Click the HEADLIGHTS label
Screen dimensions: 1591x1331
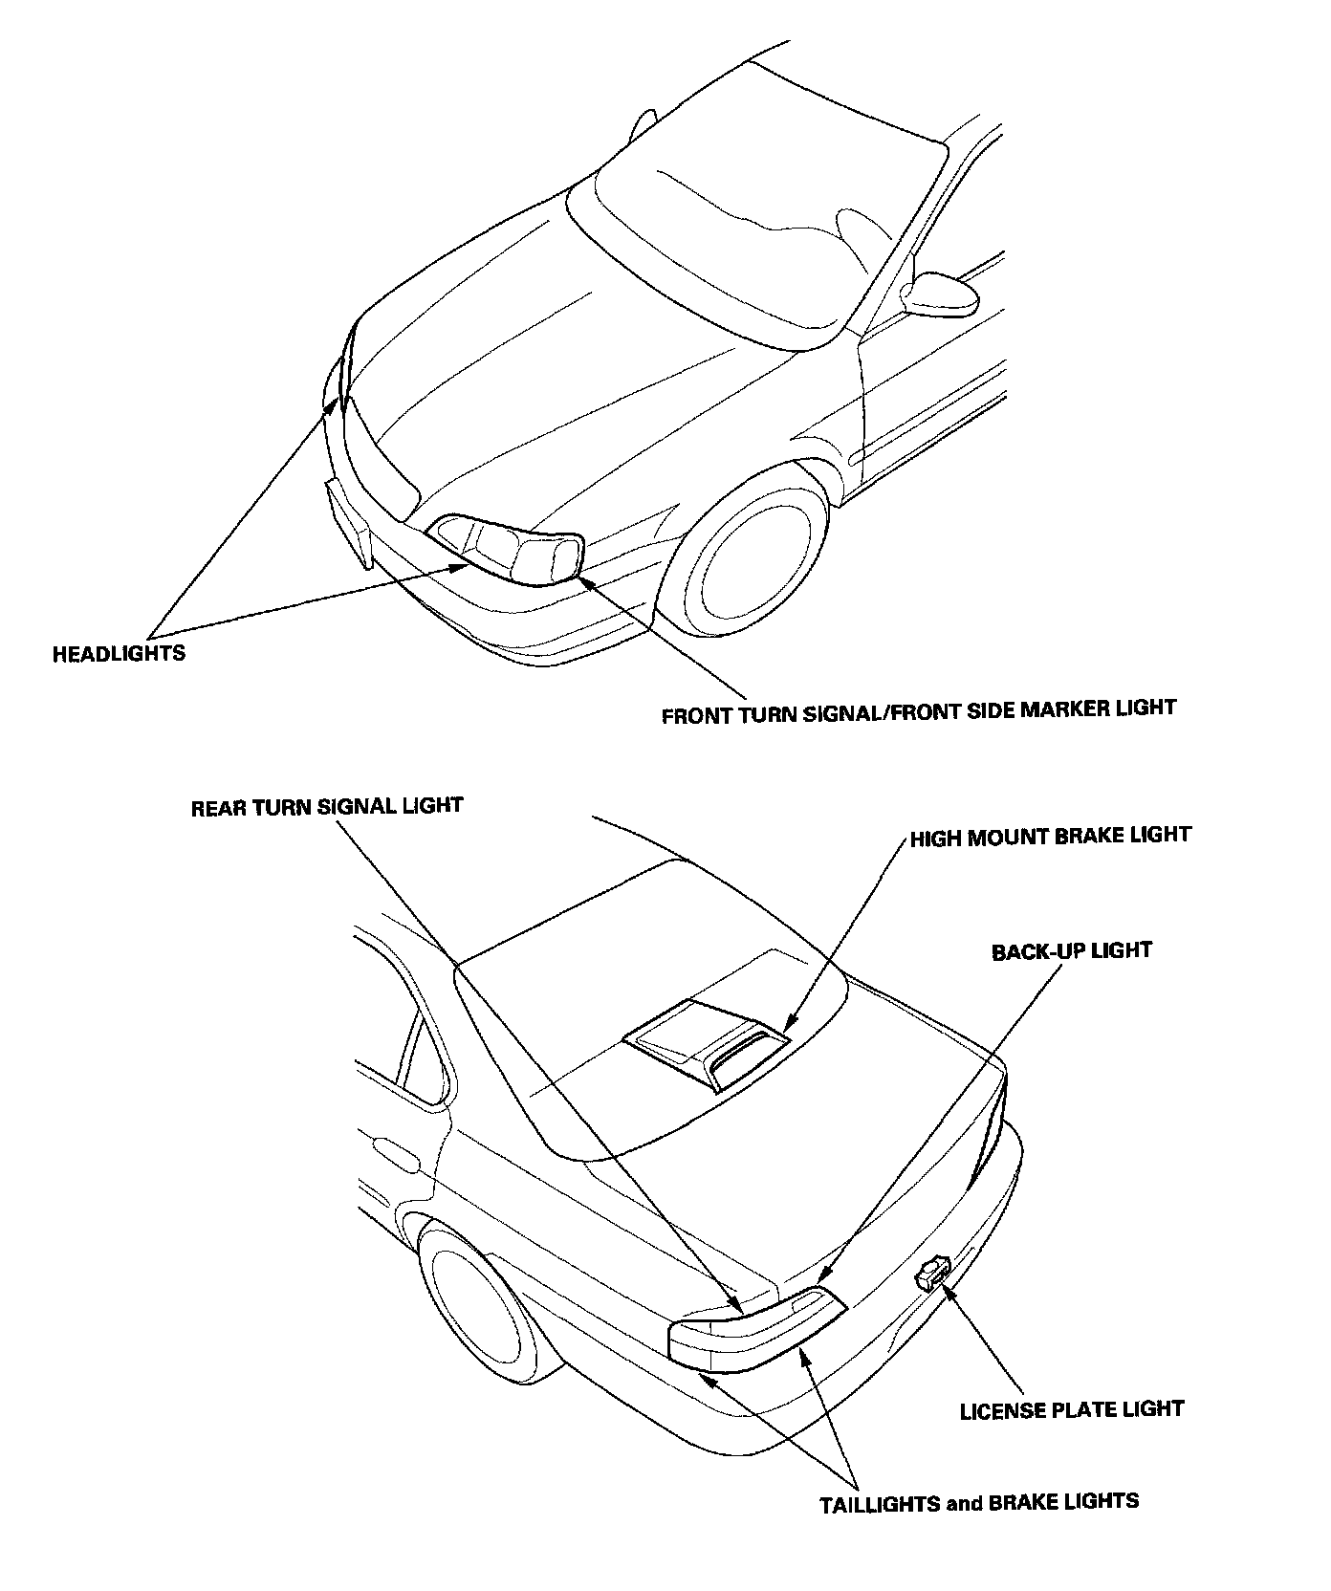coord(119,654)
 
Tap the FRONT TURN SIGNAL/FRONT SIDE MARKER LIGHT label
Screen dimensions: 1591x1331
coord(918,710)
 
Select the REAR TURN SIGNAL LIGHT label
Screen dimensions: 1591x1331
coord(327,806)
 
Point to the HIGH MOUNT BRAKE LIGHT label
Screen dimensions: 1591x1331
coord(1050,837)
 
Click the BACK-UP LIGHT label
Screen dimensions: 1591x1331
coord(1071,951)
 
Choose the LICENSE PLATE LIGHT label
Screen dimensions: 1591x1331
coord(1071,1409)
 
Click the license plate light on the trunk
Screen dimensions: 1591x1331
coord(932,1275)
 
